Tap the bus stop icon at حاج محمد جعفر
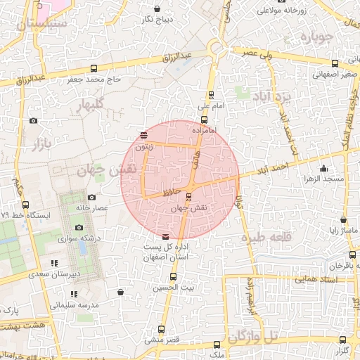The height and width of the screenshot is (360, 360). coord(94,68)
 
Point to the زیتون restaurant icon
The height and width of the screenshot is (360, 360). coord(143,135)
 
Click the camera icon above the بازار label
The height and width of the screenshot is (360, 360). coord(33,121)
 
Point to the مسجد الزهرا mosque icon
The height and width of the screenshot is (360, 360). coord(323,168)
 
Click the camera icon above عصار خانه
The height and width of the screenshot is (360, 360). coord(92,198)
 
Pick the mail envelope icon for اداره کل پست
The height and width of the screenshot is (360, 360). coord(165,237)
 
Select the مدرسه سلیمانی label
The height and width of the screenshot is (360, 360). coord(75,306)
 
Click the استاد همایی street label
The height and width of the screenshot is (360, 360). coord(319,280)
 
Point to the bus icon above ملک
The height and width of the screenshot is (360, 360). coord(216,345)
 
